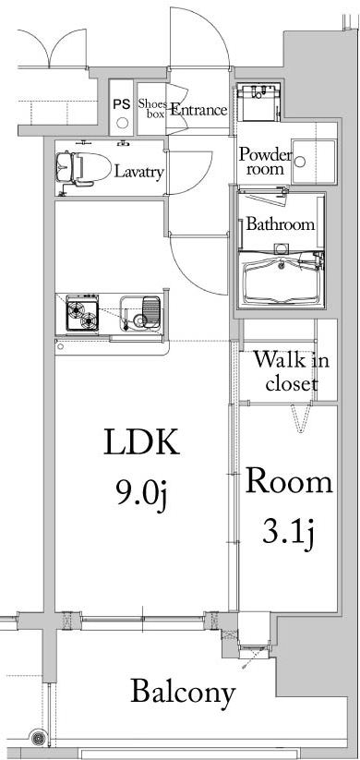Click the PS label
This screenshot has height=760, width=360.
122,103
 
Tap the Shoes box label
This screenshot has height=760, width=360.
151,109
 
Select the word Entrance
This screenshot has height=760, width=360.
198,110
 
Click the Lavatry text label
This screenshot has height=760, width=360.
139,172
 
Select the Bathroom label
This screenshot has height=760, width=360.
280,224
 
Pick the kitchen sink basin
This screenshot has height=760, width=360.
139,315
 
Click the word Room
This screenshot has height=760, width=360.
288,481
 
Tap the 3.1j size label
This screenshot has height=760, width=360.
287,533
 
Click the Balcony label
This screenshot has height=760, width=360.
182,691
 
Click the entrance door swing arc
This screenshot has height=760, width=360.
214,37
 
